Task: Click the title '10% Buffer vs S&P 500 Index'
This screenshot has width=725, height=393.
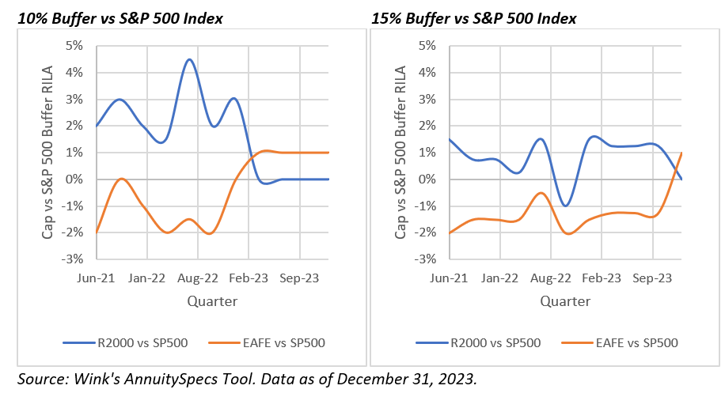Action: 114,17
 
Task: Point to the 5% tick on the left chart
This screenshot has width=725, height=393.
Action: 74,46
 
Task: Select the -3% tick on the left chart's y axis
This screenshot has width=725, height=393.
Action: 72,259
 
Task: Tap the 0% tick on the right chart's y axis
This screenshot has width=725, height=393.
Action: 427,179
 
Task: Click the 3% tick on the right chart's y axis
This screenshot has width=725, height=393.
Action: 427,100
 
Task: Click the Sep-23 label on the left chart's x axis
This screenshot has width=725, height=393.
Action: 300,278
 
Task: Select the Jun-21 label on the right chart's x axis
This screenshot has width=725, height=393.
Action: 448,278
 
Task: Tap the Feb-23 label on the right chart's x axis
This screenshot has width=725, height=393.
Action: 602,278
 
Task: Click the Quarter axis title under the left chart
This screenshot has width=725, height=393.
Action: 211,301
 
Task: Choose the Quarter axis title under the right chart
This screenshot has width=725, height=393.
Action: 565,301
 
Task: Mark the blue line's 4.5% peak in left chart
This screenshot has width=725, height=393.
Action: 189,59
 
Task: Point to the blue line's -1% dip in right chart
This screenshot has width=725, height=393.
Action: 565,206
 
